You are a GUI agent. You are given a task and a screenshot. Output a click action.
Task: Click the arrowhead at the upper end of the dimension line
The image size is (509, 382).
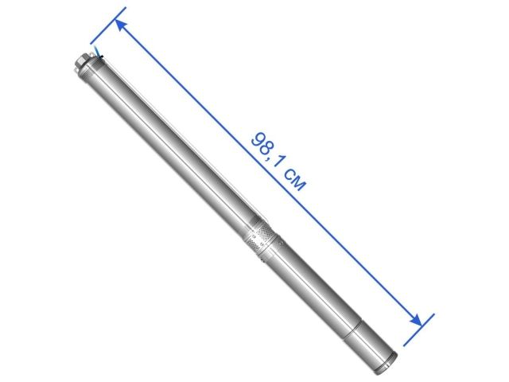[x=120, y=25]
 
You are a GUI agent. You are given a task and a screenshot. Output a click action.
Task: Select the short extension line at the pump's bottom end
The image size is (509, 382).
[x=418, y=329]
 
